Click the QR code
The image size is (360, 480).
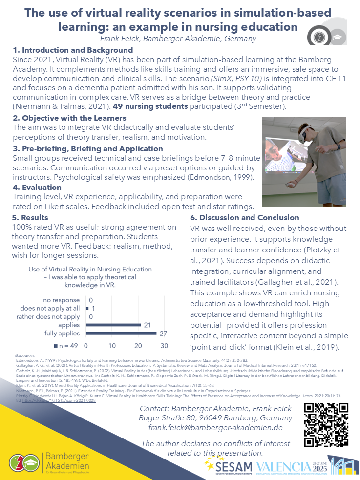326,425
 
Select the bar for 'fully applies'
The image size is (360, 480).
121,333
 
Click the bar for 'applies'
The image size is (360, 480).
113,325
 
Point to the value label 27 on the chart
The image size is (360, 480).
163,333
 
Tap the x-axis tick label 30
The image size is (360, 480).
164,345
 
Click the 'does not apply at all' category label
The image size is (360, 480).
50,308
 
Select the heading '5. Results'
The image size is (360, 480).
30,217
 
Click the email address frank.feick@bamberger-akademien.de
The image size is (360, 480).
215,427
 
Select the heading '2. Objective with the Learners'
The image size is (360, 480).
69,118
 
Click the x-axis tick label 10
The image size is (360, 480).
112,345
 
